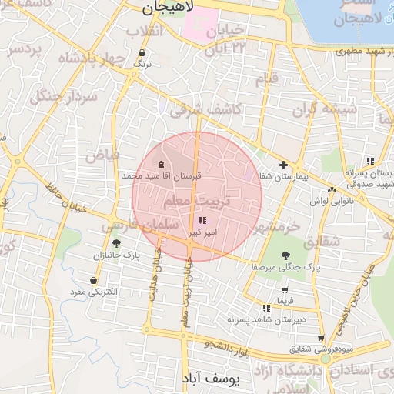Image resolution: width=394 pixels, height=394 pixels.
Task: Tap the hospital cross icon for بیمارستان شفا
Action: coord(284,165)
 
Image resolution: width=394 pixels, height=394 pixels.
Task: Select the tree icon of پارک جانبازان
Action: coord(116,243)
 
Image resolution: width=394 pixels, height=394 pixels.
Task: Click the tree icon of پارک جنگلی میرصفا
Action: coord(286,255)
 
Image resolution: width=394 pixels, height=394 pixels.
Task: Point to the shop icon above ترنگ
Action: coord(141,53)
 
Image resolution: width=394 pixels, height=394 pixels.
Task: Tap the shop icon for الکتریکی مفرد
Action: coord(94,281)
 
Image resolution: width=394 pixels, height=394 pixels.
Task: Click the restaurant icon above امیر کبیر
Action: coord(202,221)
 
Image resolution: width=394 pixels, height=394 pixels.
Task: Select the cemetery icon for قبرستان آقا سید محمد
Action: coord(161,165)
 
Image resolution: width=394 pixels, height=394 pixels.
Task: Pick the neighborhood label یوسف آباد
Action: coord(212,379)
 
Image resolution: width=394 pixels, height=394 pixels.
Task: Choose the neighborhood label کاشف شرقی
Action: coord(205,110)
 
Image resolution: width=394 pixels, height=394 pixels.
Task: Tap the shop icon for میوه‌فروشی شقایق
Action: coord(321,338)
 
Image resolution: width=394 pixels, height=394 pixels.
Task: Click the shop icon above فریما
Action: coord(285,290)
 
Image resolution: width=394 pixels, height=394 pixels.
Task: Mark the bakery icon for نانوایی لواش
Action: coord(332,189)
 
